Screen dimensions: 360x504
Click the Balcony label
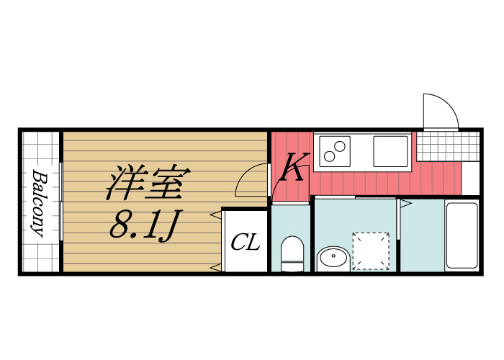pyautogui.click(x=38, y=204)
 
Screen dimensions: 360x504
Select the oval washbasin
pyautogui.click(x=333, y=258)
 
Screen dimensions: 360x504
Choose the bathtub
pyautogui.click(x=462, y=235)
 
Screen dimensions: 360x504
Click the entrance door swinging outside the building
pyautogui.click(x=439, y=111)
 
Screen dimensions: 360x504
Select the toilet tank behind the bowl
pyautogui.click(x=292, y=245)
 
